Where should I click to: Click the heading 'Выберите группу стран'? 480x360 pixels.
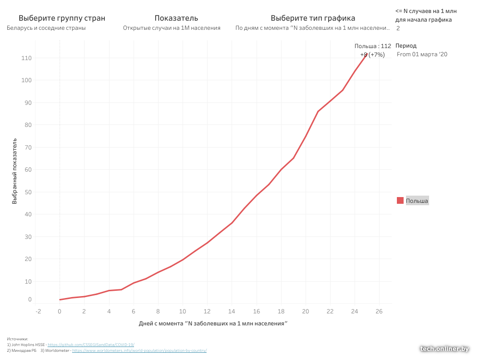click(x=62, y=18)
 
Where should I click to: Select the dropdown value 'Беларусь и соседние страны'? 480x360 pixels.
click(x=46, y=28)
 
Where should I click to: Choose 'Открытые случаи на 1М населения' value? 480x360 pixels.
click(x=172, y=28)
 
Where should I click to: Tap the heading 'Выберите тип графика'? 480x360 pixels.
click(x=313, y=18)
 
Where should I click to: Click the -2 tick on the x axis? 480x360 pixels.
click(x=38, y=311)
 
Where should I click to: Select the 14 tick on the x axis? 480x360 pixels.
click(x=232, y=311)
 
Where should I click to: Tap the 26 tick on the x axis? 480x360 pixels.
click(x=379, y=311)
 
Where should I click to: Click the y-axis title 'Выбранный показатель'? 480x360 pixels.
click(x=15, y=172)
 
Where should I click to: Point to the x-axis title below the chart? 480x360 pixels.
click(x=213, y=323)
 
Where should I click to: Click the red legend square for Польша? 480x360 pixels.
click(x=400, y=200)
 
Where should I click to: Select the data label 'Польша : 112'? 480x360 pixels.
click(x=372, y=46)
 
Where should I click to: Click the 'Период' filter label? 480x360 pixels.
click(x=406, y=46)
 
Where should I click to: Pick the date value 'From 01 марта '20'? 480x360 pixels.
click(x=422, y=54)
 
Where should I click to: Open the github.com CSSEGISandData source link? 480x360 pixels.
click(x=91, y=345)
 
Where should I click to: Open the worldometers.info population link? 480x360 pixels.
click(x=139, y=350)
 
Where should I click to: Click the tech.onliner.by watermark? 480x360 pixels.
click(x=443, y=349)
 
